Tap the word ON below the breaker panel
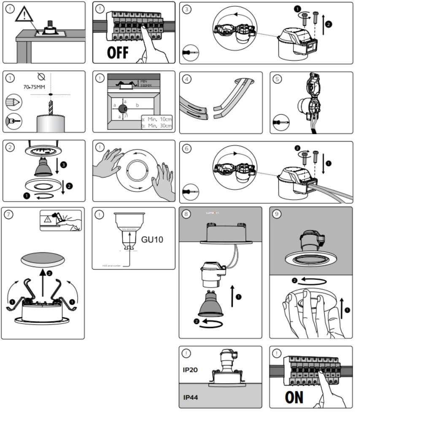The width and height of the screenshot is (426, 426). coord(294,397)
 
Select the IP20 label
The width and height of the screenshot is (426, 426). coord(191,369)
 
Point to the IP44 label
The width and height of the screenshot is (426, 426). coord(191,397)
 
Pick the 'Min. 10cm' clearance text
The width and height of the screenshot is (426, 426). coord(156,119)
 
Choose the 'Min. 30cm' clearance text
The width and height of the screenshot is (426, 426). coord(156,126)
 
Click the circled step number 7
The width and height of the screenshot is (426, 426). coord(8,214)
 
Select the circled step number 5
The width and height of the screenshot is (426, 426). coord(277,78)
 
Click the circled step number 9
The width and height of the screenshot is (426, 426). coord(277,214)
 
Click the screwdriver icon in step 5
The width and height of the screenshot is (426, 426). coord(281,122)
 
